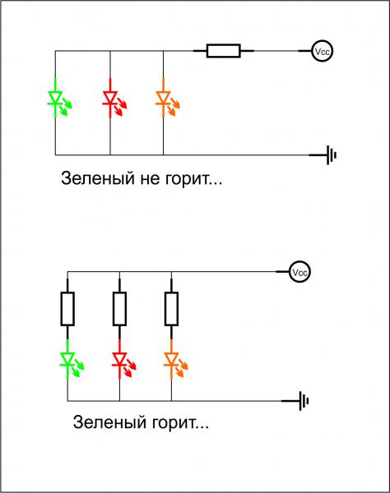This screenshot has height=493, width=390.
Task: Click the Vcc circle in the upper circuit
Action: [322, 51]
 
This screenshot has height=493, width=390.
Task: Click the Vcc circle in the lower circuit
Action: [299, 272]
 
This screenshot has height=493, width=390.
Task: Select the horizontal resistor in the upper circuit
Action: [224, 51]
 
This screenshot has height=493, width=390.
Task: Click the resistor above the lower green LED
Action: [67, 308]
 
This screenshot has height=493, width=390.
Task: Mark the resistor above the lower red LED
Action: [119, 308]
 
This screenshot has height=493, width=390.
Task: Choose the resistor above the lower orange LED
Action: [171, 308]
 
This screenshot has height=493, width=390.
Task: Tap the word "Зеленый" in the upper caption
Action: [98, 179]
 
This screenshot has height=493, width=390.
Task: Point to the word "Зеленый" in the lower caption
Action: [110, 422]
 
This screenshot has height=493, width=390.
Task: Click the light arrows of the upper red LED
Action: [120, 107]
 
